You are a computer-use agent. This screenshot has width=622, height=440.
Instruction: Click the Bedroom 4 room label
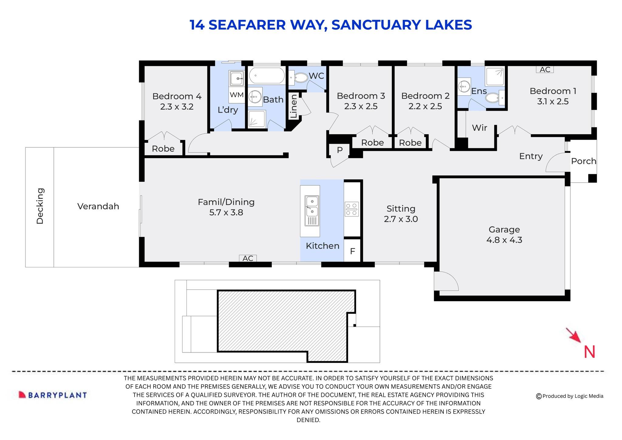177,96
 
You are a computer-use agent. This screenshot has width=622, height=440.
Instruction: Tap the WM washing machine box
237,95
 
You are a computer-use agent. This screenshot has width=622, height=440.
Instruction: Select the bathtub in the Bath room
267,76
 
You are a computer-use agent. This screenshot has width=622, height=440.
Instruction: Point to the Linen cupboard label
294,106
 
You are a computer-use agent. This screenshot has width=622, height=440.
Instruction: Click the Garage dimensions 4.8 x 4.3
504,240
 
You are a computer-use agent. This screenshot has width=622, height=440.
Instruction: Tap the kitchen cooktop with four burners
352,209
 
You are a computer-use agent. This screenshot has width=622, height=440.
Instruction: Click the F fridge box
352,251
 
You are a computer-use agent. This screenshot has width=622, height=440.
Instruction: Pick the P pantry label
340,150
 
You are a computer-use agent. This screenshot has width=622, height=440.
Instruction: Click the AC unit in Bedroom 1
545,70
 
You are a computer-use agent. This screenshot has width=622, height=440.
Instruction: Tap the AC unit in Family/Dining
248,258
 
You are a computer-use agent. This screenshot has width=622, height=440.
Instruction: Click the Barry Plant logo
53,395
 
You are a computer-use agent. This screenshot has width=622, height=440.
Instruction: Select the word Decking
40,206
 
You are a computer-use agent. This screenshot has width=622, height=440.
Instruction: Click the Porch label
583,161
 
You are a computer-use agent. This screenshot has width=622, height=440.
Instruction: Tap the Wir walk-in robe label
479,128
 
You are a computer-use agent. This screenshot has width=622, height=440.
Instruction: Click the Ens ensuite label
479,91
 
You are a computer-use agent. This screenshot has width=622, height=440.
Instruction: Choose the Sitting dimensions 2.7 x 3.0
401,219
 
